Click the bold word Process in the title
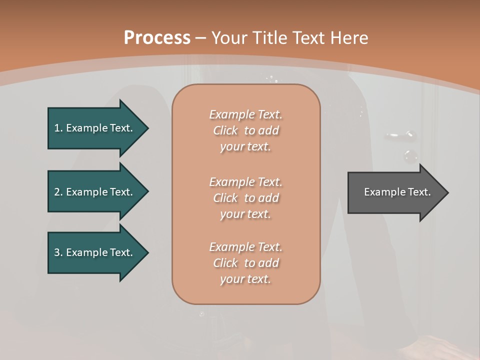(157, 38)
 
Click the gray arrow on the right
(395, 192)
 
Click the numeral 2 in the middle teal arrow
(57, 192)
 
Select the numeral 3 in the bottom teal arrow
(57, 252)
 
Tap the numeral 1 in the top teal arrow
(57, 128)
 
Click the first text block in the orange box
(245, 130)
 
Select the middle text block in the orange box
(245, 198)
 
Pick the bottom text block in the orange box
(245, 263)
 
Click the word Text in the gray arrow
(418, 192)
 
